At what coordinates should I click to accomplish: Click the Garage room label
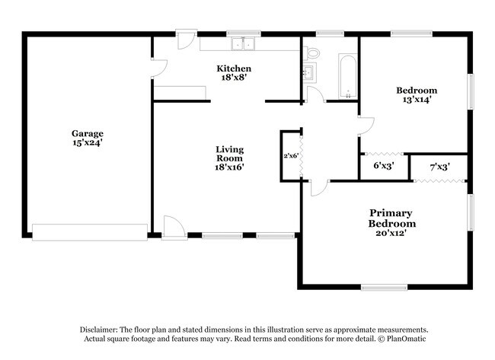(x=88, y=133)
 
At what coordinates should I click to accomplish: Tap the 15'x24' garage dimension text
(x=88, y=143)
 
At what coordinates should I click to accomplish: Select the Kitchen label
(x=235, y=68)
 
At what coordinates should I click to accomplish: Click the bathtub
(x=346, y=77)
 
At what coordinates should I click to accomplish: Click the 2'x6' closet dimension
(x=291, y=155)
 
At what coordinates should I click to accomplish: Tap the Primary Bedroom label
(x=392, y=218)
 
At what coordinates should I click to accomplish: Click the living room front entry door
(x=174, y=226)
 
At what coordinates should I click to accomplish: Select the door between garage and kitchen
(x=157, y=69)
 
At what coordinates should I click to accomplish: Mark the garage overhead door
(x=90, y=231)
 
